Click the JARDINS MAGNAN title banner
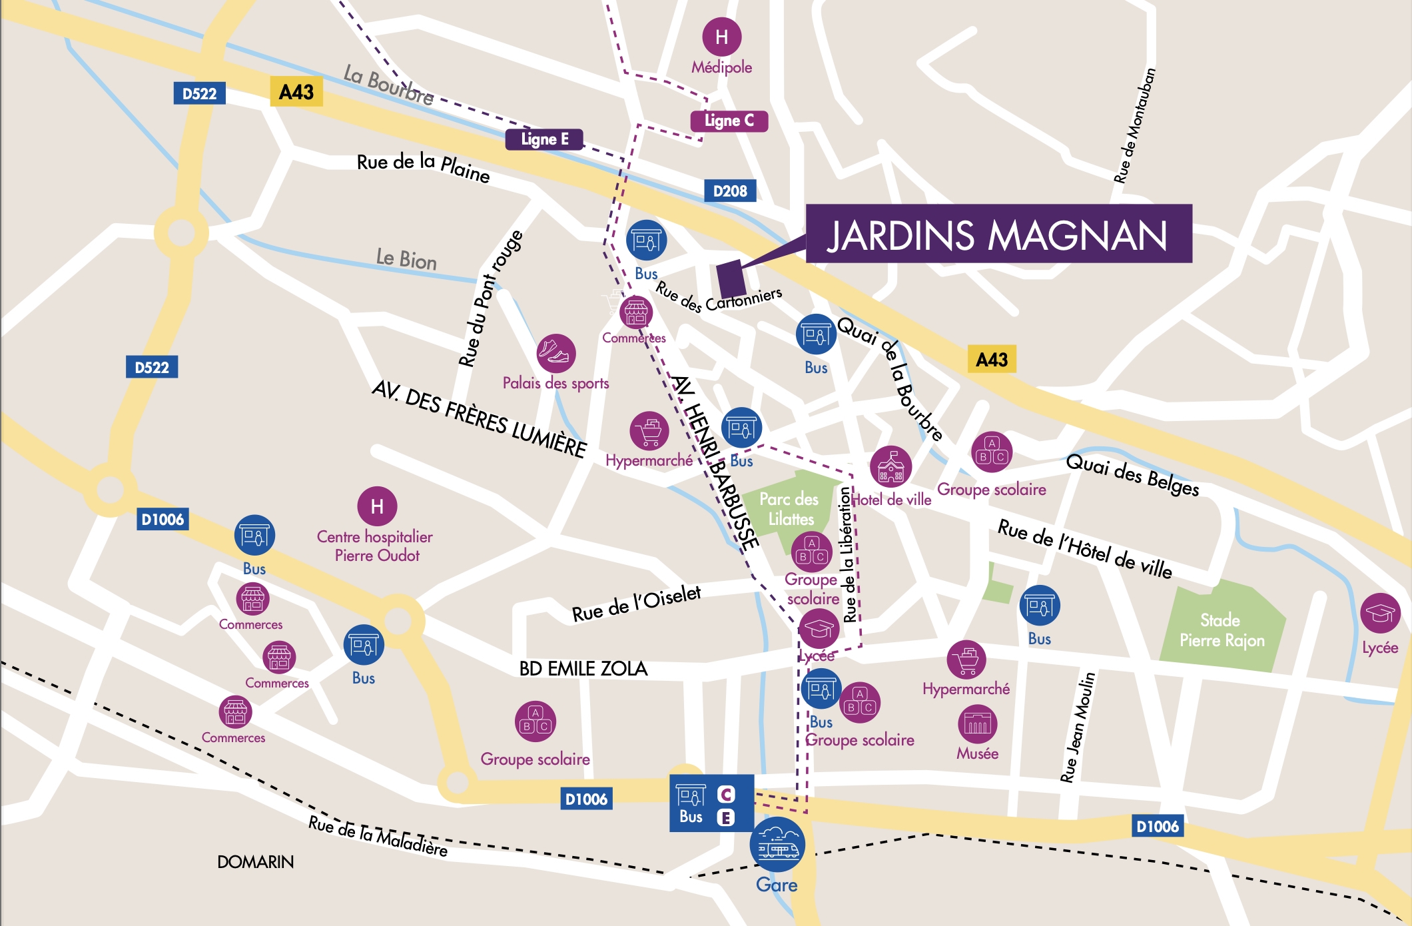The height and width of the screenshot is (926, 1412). pos(998,234)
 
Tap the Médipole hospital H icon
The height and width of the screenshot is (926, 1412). pos(721,37)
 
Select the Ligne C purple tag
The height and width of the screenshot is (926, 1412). pos(729,121)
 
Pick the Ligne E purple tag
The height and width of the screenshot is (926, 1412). pos(544,139)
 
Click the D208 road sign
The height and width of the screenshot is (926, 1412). pos(730,191)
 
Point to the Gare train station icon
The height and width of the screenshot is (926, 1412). pos(777,845)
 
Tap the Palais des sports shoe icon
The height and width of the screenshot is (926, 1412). pos(556,353)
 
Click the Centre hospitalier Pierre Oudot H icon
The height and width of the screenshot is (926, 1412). pos(377,506)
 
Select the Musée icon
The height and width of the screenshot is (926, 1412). pos(977,723)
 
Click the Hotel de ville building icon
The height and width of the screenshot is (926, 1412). pos(890,466)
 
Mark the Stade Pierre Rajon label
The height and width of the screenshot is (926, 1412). pos(1222,630)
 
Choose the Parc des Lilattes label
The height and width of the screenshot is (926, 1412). pos(790,509)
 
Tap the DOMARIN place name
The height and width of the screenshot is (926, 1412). pos(255,862)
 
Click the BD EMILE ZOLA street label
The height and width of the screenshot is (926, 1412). pos(583,669)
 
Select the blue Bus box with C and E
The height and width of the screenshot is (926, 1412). pos(711,803)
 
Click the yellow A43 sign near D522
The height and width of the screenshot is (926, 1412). pos(296,92)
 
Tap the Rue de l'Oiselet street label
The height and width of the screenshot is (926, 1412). pos(636,604)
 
